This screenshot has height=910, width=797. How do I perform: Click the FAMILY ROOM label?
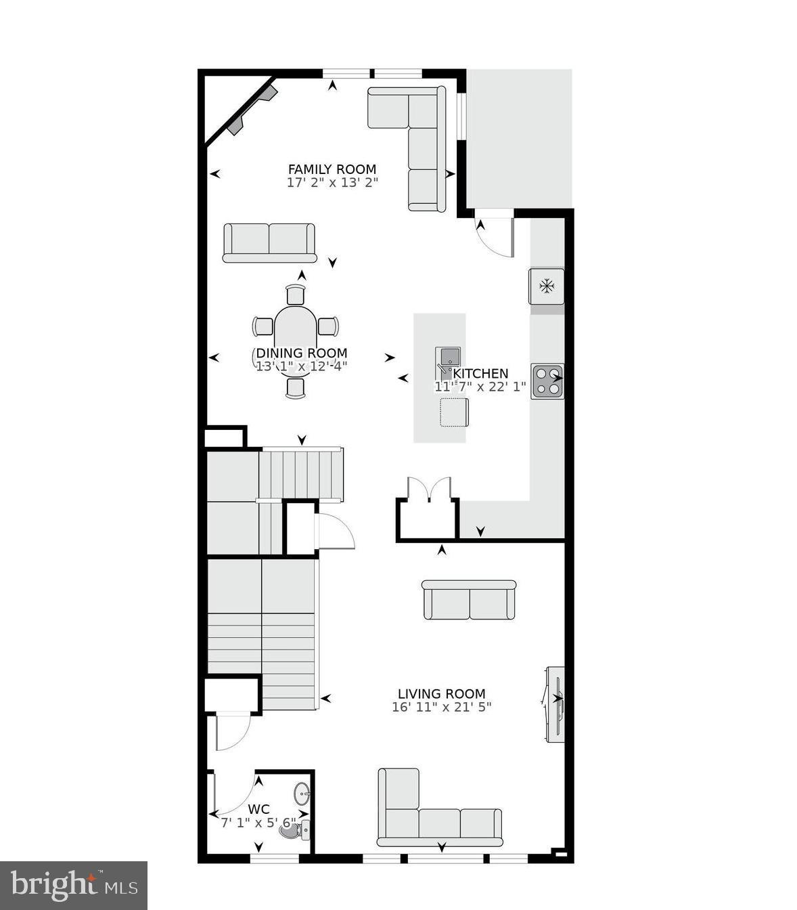pos(332,169)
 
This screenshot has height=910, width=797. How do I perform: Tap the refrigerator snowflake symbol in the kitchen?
pos(546,286)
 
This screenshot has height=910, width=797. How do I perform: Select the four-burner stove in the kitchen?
pos(547,381)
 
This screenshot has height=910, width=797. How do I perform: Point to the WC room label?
pos(258,809)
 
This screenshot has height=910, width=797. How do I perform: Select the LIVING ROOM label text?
pos(441,694)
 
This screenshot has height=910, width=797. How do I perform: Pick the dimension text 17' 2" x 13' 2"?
pos(332,182)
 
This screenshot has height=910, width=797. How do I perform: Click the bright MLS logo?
pos(73,885)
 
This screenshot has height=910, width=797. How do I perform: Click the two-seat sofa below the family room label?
pos(269,242)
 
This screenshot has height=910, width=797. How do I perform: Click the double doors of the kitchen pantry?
pos(429,489)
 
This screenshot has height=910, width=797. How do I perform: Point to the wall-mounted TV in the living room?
pos(555,703)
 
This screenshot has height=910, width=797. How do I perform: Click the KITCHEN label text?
pos(480,374)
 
